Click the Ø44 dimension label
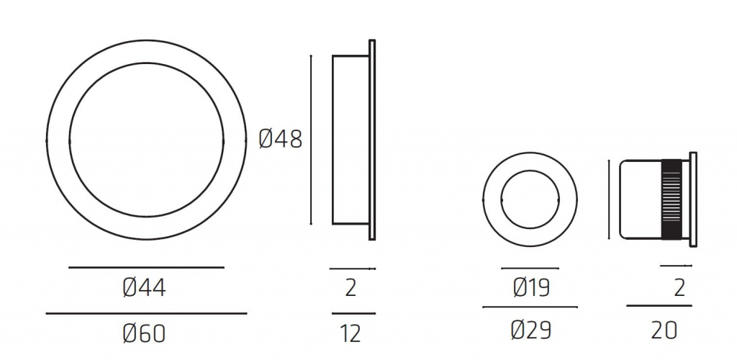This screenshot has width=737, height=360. click(144, 287)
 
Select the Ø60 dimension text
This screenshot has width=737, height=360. click(144, 333)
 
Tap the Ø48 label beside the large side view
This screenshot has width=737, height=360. click(281, 139)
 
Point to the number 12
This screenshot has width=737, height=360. click(351, 333)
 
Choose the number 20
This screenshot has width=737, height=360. click(664, 330)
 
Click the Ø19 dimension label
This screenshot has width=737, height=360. click(532, 287)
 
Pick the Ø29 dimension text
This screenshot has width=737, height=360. click(530, 330)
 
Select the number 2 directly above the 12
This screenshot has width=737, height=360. click(351, 287)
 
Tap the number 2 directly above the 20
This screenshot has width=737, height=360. click(679, 287)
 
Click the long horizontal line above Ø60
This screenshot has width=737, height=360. click(146, 313)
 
